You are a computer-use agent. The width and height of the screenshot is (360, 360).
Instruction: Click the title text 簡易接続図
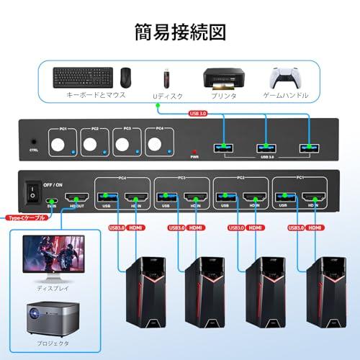pyautogui.click(x=179, y=32)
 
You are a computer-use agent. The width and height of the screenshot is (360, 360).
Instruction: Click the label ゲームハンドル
pyautogui.click(x=285, y=95)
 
